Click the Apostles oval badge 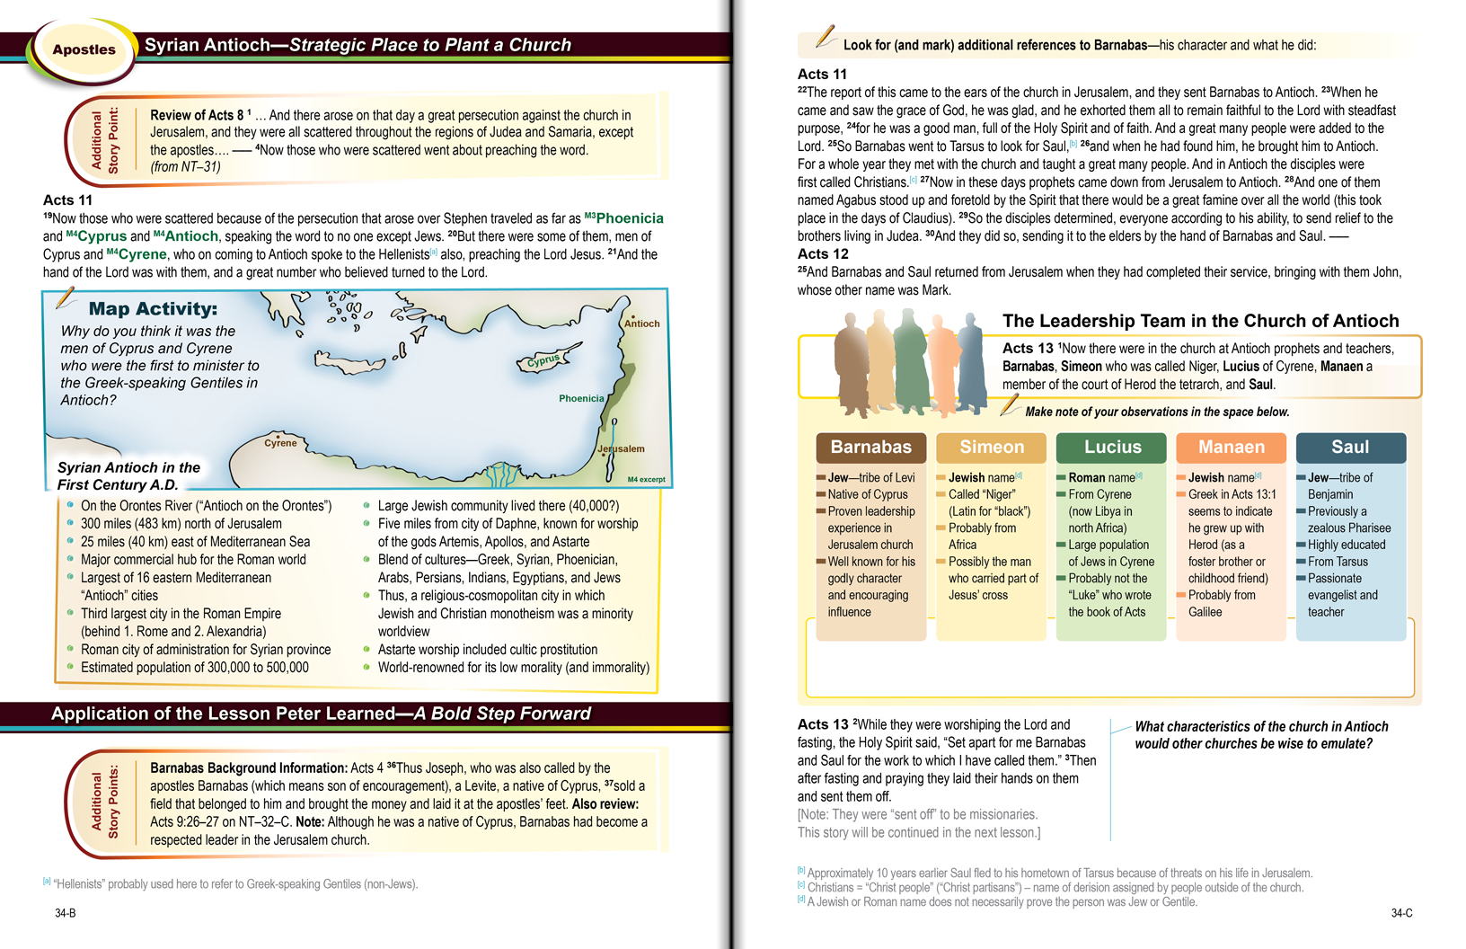(84, 49)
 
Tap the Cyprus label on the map (543, 360)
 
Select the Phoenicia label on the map (581, 398)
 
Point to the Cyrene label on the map (280, 443)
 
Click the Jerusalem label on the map (622, 448)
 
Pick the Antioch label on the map (642, 324)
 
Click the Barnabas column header (870, 447)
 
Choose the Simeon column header (991, 447)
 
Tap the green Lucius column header (1112, 447)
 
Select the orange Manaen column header (1231, 447)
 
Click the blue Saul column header (1350, 447)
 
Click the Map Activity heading (153, 308)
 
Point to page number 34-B (66, 913)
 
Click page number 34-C (1401, 913)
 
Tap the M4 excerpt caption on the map (646, 479)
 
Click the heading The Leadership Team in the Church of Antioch (1200, 321)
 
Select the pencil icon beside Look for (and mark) (825, 37)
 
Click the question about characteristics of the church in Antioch (1260, 735)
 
